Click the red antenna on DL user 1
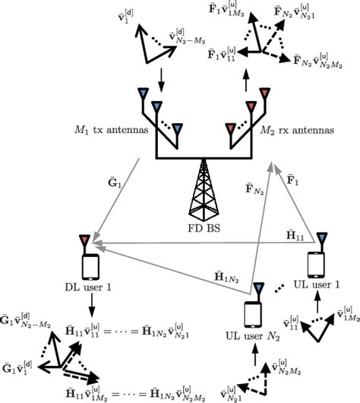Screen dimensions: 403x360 point(84,241)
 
